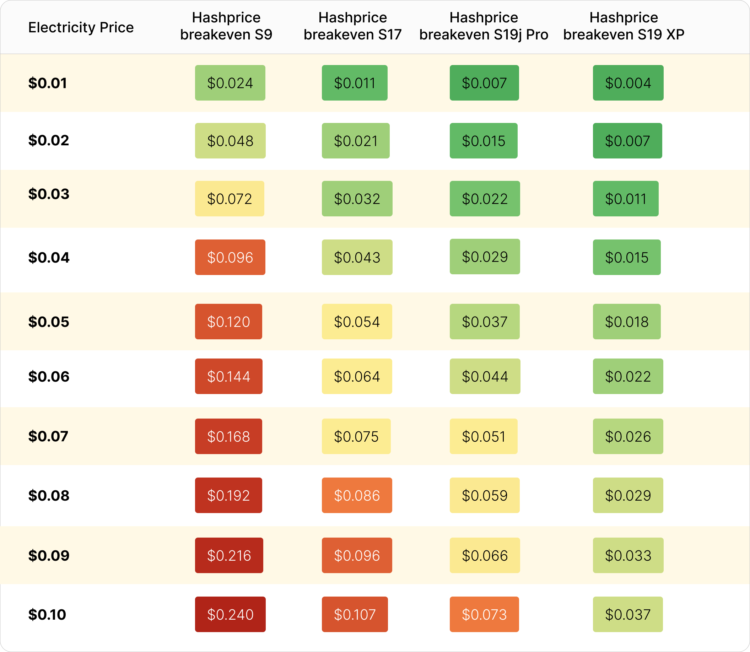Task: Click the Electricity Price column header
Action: pyautogui.click(x=81, y=27)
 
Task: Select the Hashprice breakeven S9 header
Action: pyautogui.click(x=226, y=26)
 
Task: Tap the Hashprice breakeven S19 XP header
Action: pyautogui.click(x=624, y=26)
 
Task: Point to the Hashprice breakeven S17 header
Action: pyautogui.click(x=352, y=26)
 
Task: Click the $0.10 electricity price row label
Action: pyautogui.click(x=47, y=615)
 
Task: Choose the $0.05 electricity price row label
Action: pyautogui.click(x=49, y=322)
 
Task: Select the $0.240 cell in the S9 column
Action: pyautogui.click(x=230, y=615)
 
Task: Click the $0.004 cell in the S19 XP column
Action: pyautogui.click(x=628, y=83)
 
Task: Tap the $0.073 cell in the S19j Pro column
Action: pyautogui.click(x=484, y=615)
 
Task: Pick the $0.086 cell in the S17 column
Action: pyautogui.click(x=356, y=495)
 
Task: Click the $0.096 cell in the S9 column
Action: pyautogui.click(x=230, y=257)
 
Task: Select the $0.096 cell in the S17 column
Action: pyautogui.click(x=356, y=555)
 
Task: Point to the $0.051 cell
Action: pyautogui.click(x=483, y=436)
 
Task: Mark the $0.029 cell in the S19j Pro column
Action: pyautogui.click(x=485, y=257)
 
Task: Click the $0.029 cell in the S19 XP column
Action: pyautogui.click(x=628, y=495)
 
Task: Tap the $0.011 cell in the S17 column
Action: pyautogui.click(x=354, y=83)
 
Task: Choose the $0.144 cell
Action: pyautogui.click(x=228, y=376)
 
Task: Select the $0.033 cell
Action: pyautogui.click(x=628, y=555)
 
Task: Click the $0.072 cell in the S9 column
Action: pyautogui.click(x=229, y=199)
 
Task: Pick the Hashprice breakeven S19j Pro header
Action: pyautogui.click(x=484, y=26)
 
